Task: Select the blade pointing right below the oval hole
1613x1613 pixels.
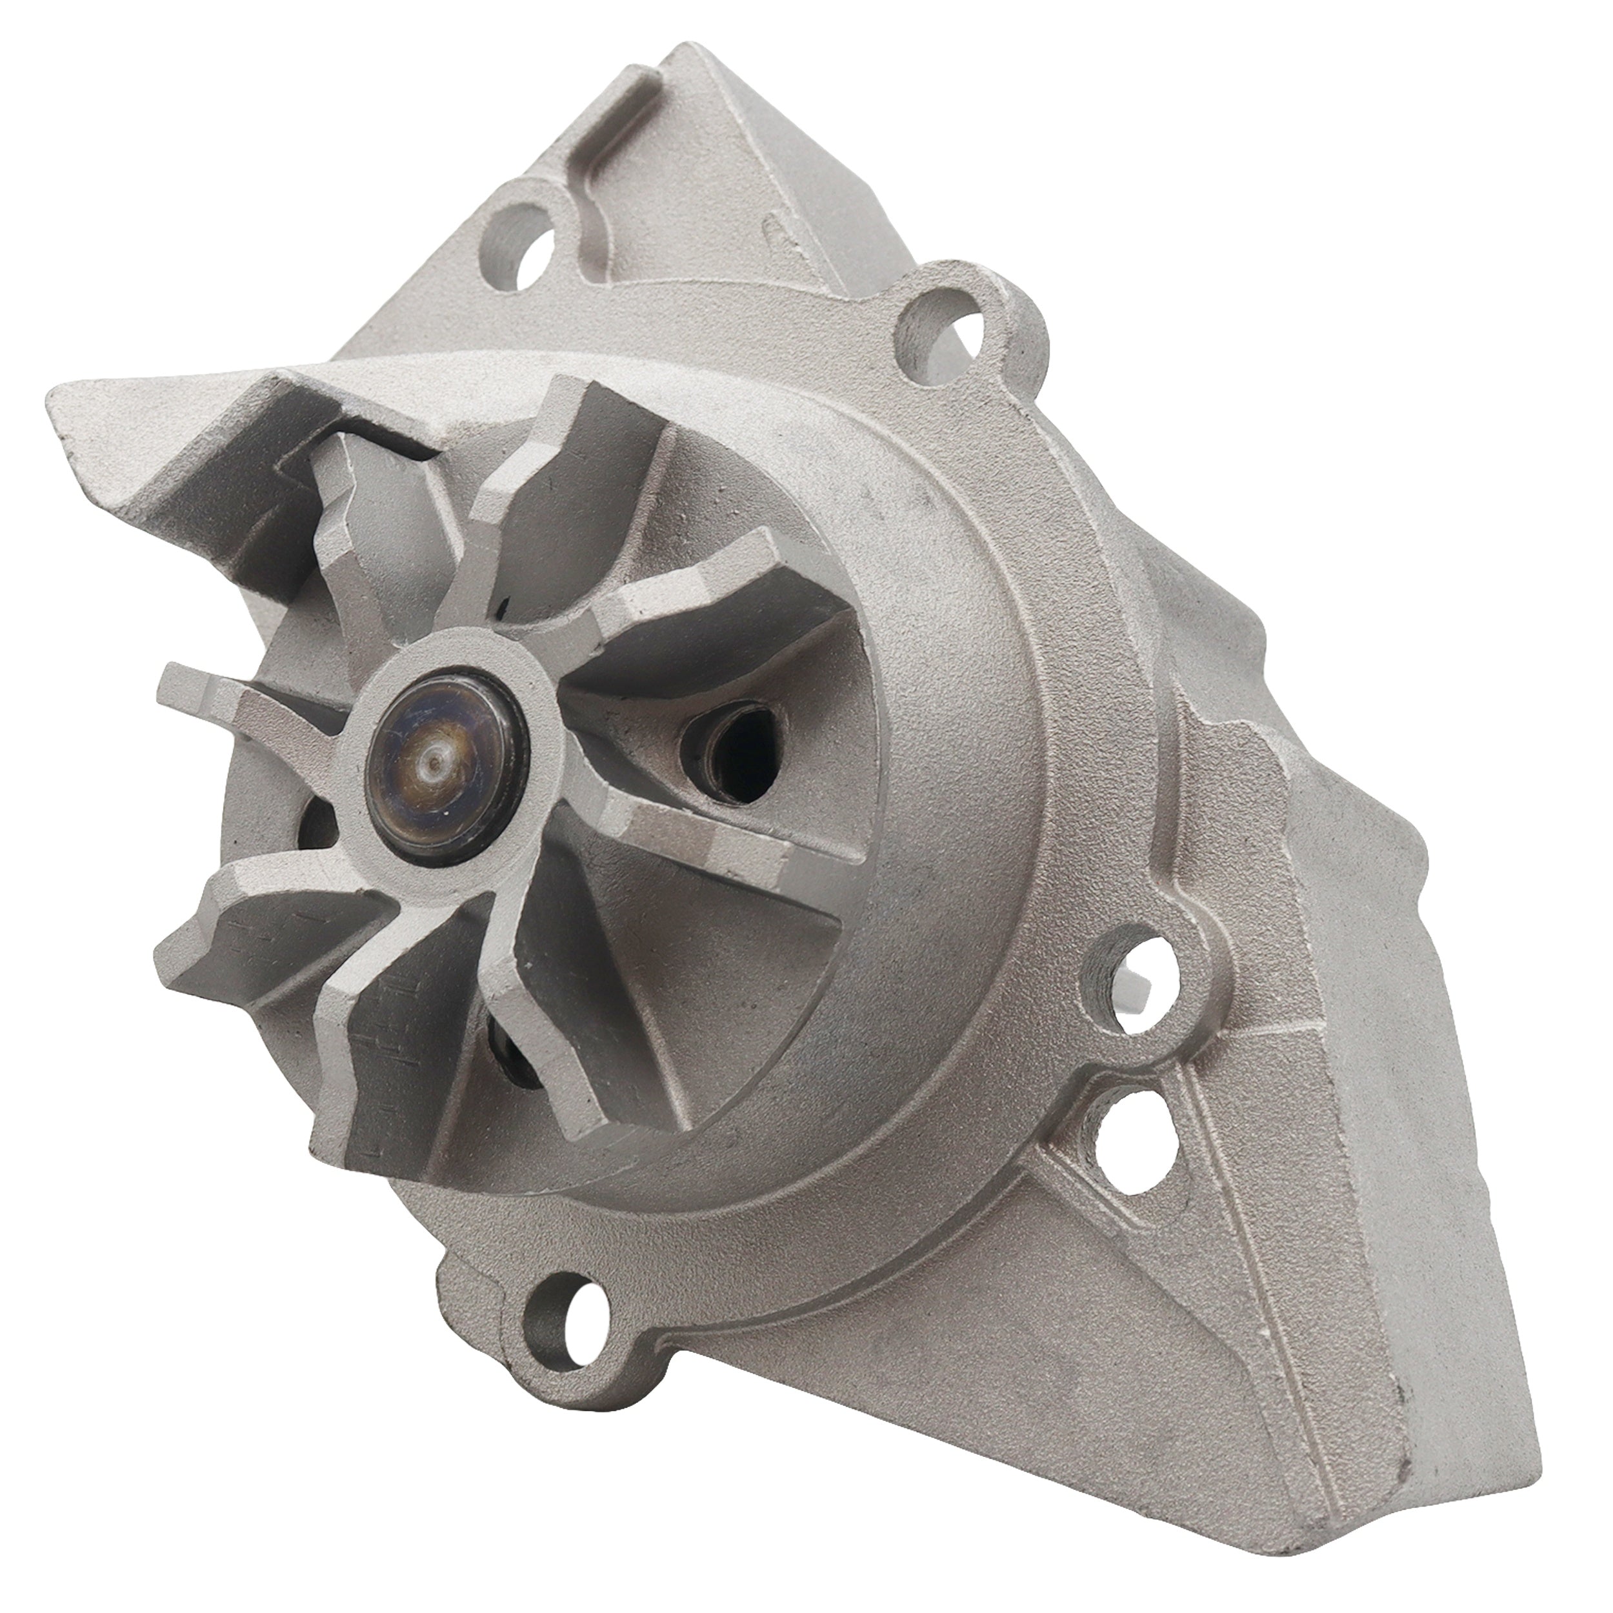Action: point(718,843)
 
